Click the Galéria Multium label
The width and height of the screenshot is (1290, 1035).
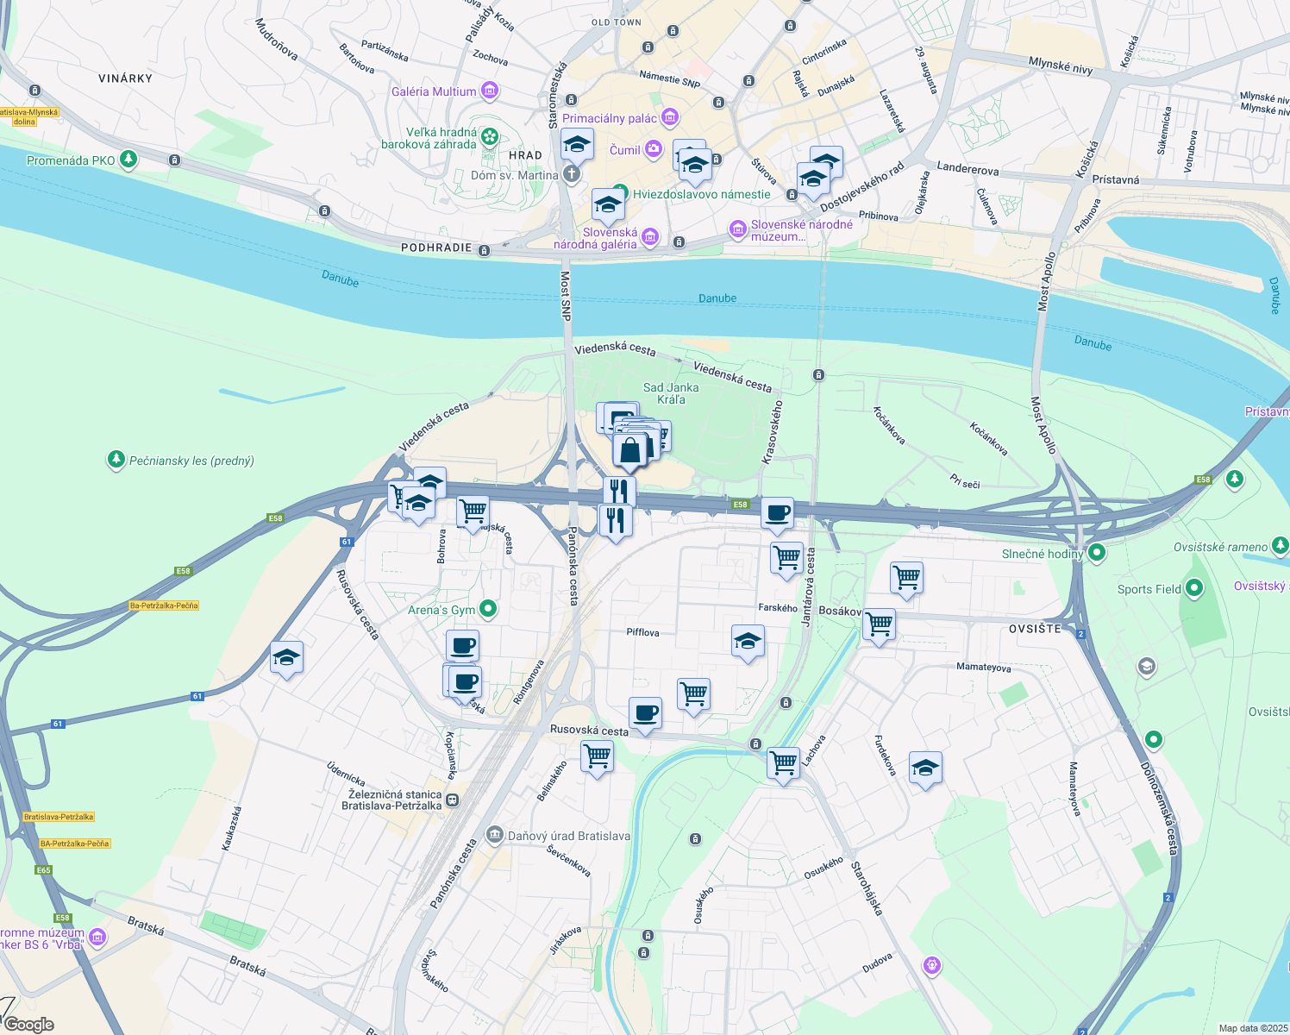pyautogui.click(x=433, y=91)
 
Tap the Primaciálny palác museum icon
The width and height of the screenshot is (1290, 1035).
pyautogui.click(x=670, y=118)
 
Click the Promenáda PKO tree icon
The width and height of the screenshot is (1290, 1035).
pyautogui.click(x=128, y=160)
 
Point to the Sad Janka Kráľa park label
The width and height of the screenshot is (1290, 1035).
pyautogui.click(x=671, y=393)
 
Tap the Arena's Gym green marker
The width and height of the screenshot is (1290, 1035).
pyautogui.click(x=488, y=610)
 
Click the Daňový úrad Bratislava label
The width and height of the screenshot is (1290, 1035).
pyautogui.click(x=568, y=836)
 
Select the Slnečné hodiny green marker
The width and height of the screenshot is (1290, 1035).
pyautogui.click(x=1097, y=553)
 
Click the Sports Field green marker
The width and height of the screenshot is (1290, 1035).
pyautogui.click(x=1194, y=589)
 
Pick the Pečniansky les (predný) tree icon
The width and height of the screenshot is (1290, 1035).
pyautogui.click(x=116, y=460)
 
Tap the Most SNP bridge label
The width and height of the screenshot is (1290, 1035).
pyautogui.click(x=566, y=296)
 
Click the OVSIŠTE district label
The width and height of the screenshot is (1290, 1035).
pyautogui.click(x=1035, y=629)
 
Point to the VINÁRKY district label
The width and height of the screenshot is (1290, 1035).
pyautogui.click(x=125, y=78)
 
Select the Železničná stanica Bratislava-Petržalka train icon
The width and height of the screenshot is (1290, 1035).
pyautogui.click(x=453, y=800)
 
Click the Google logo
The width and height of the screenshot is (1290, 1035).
pyautogui.click(x=29, y=1024)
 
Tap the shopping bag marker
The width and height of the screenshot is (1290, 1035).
pyautogui.click(x=630, y=450)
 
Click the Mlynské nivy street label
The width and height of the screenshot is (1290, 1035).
pyautogui.click(x=1060, y=65)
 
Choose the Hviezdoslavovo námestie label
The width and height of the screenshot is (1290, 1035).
pyautogui.click(x=701, y=194)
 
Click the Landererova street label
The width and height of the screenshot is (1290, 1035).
pyautogui.click(x=967, y=169)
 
